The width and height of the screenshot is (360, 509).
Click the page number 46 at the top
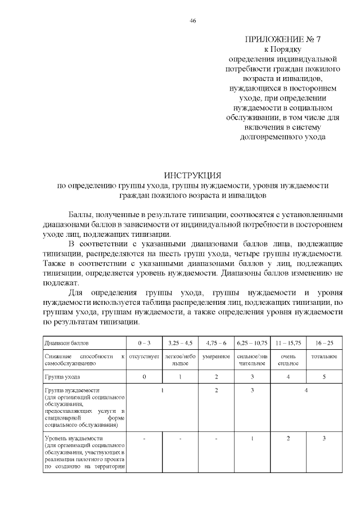pyautogui.click(x=193, y=21)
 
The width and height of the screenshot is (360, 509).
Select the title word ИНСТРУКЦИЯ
pyautogui.click(x=192, y=175)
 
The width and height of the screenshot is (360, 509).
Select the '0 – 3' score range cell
pyautogui.click(x=145, y=342)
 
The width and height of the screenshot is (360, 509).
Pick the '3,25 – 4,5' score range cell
pyautogui.click(x=180, y=342)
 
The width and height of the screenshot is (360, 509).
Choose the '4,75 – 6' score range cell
pyautogui.click(x=216, y=342)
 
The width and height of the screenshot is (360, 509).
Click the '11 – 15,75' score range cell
pyautogui.click(x=288, y=342)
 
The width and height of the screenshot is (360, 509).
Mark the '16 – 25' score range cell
pyautogui.click(x=325, y=342)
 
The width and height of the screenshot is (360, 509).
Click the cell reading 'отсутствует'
pyautogui.click(x=145, y=357)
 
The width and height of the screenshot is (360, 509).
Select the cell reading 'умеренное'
pyautogui.click(x=216, y=357)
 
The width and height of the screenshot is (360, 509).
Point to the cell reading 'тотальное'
pyautogui.click(x=325, y=357)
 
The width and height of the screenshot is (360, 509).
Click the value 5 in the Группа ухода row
pyautogui.click(x=325, y=376)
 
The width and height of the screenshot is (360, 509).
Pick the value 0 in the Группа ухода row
pyautogui.click(x=145, y=376)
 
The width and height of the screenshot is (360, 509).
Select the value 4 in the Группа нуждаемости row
pyautogui.click(x=306, y=390)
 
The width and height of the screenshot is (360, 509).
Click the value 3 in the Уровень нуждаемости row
pyautogui.click(x=325, y=438)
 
